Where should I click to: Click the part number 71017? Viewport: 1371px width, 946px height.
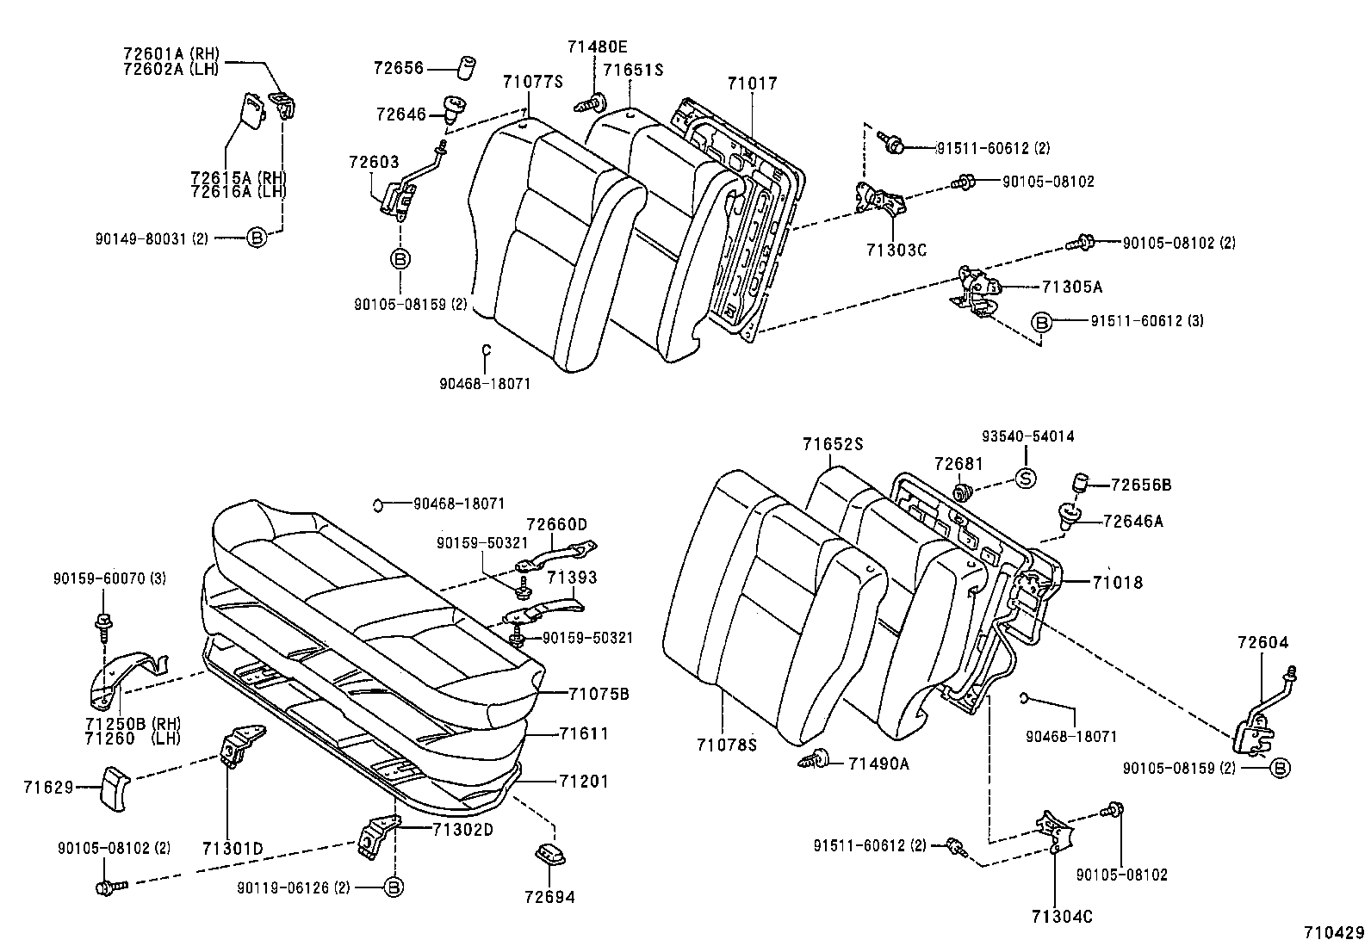point(752,83)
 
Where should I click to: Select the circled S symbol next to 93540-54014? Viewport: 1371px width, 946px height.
point(1026,479)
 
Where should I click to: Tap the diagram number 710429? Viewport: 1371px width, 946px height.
point(1334,933)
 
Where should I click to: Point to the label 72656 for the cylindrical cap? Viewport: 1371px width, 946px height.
point(399,68)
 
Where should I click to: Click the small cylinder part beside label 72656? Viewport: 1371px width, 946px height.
point(467,68)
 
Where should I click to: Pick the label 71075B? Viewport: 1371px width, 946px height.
point(599,693)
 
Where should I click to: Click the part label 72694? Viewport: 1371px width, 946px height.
point(549,897)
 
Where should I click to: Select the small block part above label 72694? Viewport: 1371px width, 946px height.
point(549,854)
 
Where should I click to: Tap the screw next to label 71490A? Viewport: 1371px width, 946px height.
point(814,760)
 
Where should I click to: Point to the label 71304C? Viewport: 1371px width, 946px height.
point(1062,917)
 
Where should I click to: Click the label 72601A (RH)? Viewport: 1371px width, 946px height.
point(171,53)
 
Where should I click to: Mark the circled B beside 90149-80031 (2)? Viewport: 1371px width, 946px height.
point(256,238)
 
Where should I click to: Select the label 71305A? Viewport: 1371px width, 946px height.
point(1071,287)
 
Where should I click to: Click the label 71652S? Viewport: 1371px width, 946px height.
point(833,444)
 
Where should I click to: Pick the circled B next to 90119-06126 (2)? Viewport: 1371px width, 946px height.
point(393,887)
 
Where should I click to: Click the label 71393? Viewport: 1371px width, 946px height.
point(572,578)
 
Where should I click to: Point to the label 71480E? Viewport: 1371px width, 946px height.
point(597,46)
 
